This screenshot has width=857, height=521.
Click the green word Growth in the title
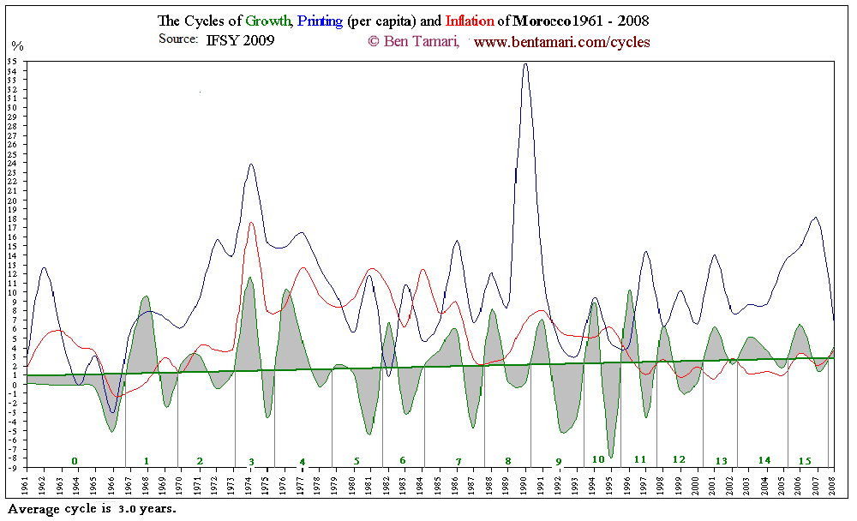point(267,21)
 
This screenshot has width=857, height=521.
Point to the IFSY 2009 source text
point(240,40)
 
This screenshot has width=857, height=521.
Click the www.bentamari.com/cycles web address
point(561,41)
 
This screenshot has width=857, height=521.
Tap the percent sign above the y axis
point(17,45)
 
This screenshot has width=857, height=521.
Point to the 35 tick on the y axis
point(12,62)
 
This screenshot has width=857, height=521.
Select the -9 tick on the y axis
point(12,469)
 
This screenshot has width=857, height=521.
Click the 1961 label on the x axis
point(26,487)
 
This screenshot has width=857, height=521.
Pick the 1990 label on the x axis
point(524,487)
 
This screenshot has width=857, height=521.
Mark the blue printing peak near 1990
point(525,64)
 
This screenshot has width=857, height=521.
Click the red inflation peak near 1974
point(251,223)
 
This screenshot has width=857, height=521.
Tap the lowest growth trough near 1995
point(611,457)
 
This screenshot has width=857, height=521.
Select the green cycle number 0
point(75,461)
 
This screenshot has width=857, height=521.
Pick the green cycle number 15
point(805,461)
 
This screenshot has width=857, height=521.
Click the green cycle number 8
point(507,461)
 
